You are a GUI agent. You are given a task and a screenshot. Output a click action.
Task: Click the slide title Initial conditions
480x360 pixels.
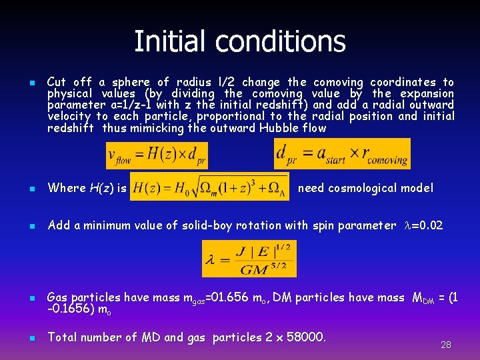240,41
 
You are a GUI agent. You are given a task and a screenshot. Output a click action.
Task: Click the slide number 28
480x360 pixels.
446,345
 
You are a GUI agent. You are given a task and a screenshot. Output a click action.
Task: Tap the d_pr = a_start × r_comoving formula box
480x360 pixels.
342,153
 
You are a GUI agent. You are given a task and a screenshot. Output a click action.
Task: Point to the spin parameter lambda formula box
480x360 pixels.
249,259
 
